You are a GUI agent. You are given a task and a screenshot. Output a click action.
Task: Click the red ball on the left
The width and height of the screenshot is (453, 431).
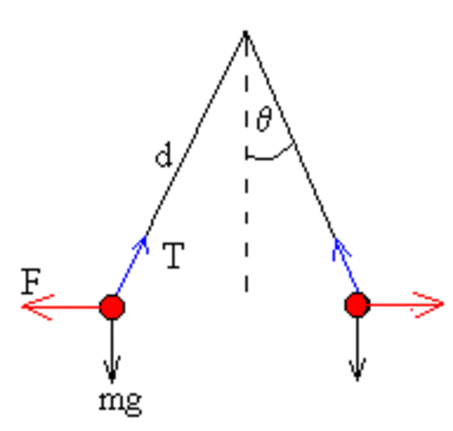[111, 307]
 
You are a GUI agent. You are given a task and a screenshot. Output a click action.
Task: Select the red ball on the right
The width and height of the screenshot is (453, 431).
[357, 306]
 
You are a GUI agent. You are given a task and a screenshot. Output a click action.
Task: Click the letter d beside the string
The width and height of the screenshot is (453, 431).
[163, 158]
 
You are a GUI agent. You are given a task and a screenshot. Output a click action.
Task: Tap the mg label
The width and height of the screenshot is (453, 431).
[120, 400]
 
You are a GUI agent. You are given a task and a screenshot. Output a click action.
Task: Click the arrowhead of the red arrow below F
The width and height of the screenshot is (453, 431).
[32, 308]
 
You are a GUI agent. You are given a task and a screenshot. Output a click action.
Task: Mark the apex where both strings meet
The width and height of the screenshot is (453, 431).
[244, 34]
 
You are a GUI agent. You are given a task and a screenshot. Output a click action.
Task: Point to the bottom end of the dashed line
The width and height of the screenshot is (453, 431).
[245, 289]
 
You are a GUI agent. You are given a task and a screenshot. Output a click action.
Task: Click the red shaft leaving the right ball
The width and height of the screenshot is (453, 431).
[395, 306]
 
